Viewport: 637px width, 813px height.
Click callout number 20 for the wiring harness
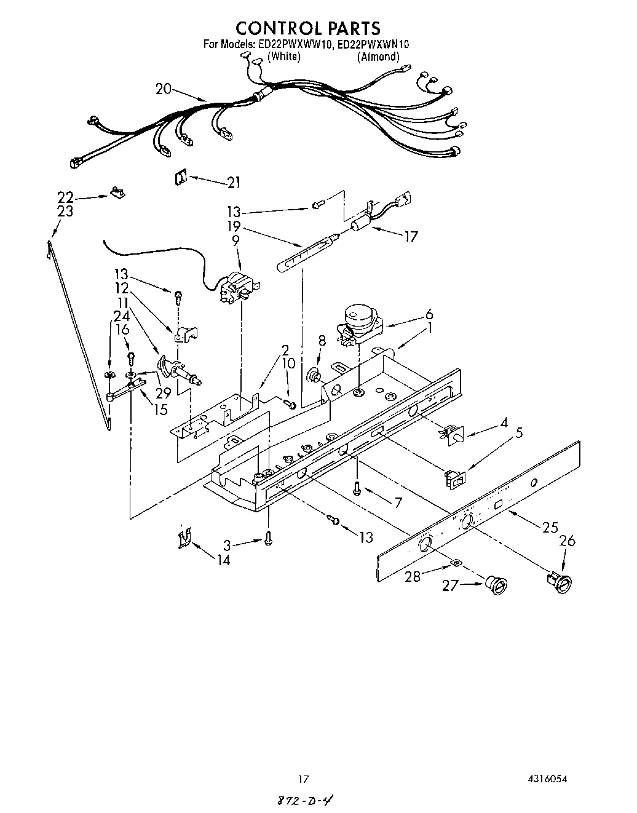pyautogui.click(x=163, y=89)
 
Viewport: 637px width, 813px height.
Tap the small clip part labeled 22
pyautogui.click(x=117, y=193)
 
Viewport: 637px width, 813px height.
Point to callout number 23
pyautogui.click(x=65, y=212)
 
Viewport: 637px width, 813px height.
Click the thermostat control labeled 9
pyautogui.click(x=237, y=288)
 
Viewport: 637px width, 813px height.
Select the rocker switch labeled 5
pyautogui.click(x=456, y=478)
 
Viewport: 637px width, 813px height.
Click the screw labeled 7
pyautogui.click(x=357, y=488)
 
